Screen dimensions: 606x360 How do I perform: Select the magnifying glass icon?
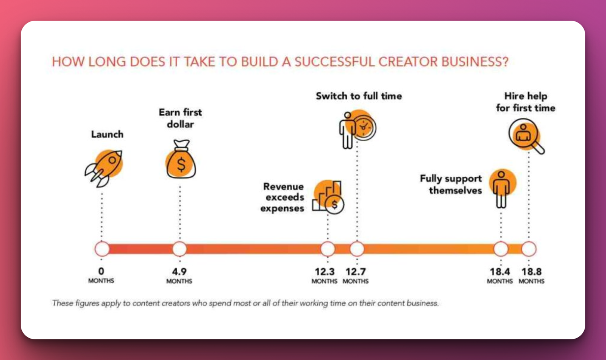[x=526, y=136]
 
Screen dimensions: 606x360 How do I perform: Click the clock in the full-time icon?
[x=364, y=127]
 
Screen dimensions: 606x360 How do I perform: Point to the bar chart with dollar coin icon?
[x=328, y=197]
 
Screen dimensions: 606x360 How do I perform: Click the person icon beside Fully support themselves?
[x=502, y=188]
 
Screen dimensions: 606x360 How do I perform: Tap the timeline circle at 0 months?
[x=102, y=249]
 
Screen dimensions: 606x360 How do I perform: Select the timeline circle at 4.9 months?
[x=180, y=249]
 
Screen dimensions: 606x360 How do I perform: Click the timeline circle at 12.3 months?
[x=328, y=249]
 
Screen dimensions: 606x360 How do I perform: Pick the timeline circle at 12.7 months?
[x=357, y=249]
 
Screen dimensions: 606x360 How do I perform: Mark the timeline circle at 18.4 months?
[x=501, y=249]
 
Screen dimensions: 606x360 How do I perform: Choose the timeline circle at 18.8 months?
[x=529, y=249]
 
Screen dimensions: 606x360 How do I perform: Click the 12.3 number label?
[x=325, y=271]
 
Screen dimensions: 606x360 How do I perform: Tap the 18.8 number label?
[x=531, y=271]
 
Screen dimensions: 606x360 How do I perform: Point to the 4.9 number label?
[x=179, y=271]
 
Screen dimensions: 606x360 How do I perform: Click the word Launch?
[x=107, y=134]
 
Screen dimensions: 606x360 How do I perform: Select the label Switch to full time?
[x=359, y=96]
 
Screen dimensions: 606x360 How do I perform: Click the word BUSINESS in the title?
[x=475, y=62]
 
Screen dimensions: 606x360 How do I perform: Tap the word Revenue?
[x=283, y=186]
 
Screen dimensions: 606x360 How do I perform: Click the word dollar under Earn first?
[x=180, y=124]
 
